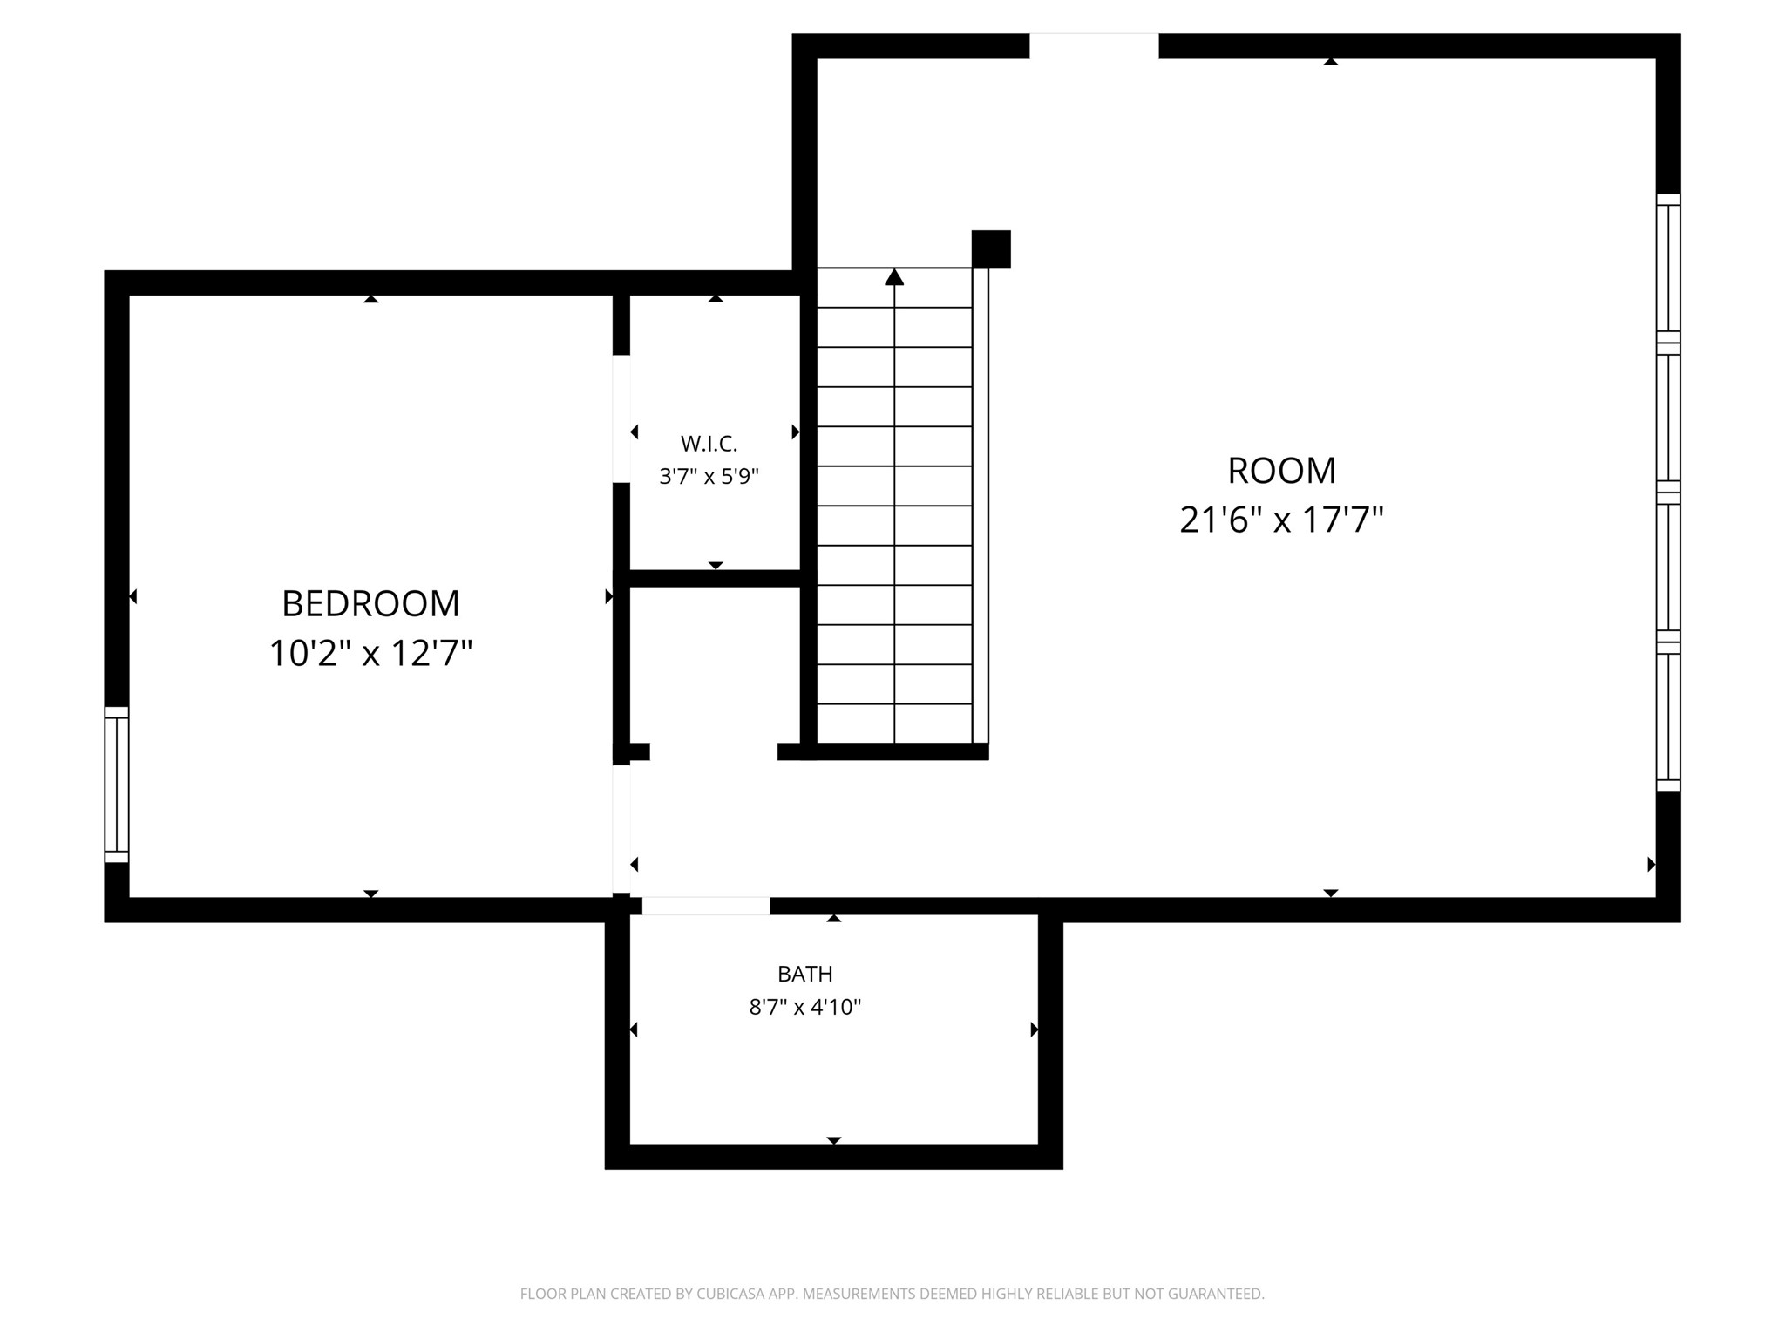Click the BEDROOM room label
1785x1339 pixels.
point(370,603)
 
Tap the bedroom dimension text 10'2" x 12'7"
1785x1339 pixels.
point(370,653)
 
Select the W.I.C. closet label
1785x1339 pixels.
point(709,444)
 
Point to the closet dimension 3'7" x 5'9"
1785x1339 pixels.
point(709,477)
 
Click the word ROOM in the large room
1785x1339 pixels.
point(1281,471)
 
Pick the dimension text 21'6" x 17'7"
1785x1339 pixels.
point(1281,520)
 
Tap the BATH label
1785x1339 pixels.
point(804,974)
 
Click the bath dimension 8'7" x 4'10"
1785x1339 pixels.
point(804,1008)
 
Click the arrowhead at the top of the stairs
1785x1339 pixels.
point(894,277)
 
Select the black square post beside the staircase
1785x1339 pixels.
point(991,249)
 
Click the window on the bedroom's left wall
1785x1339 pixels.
point(117,785)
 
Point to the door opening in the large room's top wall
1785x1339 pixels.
point(1094,46)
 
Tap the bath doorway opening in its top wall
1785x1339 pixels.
point(706,906)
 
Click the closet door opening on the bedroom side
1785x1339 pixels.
point(621,419)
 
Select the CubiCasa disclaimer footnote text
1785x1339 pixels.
point(892,1294)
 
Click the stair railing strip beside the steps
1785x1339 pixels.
point(981,506)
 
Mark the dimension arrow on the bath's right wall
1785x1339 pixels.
point(1035,1030)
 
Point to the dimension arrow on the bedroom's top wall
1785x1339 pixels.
point(371,299)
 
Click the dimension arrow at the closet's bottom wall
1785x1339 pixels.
point(716,566)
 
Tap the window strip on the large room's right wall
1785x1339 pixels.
point(1668,493)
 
